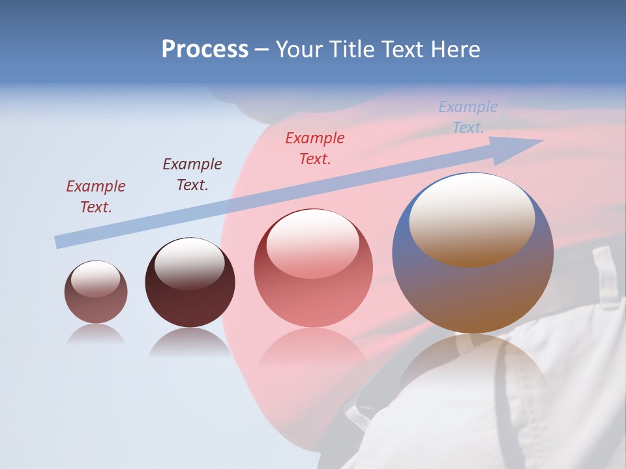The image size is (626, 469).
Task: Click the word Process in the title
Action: click(x=205, y=50)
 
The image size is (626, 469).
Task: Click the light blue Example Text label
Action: click(x=468, y=117)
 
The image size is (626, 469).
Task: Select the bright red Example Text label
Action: click(x=314, y=148)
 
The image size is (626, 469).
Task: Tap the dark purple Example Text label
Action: click(x=192, y=174)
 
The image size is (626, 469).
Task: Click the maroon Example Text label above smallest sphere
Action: click(x=95, y=196)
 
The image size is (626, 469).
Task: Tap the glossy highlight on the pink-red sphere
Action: click(x=312, y=241)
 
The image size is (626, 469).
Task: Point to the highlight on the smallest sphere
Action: click(x=95, y=278)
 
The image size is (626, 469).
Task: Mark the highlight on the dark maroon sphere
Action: click(x=189, y=262)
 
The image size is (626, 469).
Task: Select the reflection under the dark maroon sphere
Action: click(x=190, y=341)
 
